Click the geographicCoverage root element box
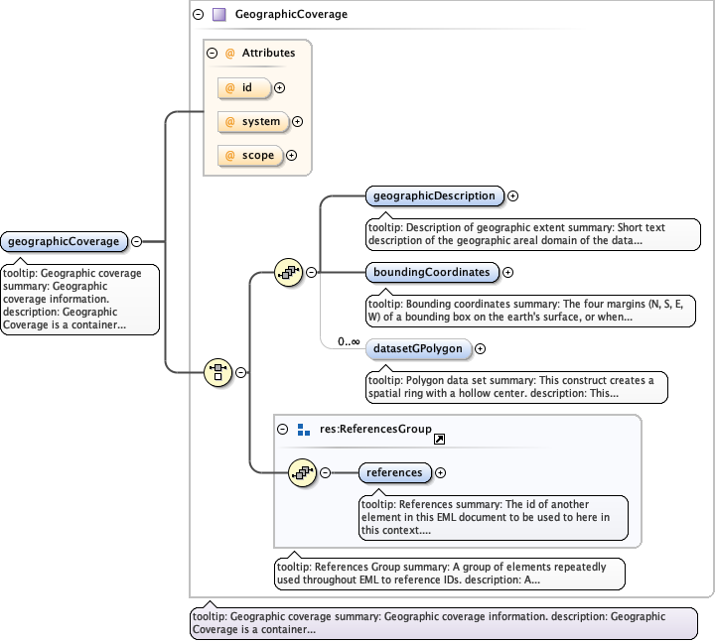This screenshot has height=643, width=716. [65, 241]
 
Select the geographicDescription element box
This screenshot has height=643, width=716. [434, 195]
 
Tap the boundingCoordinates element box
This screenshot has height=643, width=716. [431, 272]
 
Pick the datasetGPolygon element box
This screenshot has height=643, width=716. [418, 348]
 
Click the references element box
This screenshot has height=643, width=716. [394, 472]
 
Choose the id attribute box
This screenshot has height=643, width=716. [244, 87]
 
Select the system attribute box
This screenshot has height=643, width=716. [252, 121]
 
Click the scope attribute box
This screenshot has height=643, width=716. [249, 155]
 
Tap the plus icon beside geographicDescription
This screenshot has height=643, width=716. [513, 195]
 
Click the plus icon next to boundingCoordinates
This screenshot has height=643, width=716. [507, 272]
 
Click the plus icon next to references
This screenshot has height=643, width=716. [441, 472]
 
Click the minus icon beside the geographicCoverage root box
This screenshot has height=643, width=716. [136, 241]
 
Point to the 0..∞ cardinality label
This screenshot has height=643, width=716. [349, 341]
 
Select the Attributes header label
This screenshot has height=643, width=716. [268, 53]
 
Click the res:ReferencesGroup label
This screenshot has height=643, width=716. [375, 430]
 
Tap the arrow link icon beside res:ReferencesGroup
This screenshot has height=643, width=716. [439, 438]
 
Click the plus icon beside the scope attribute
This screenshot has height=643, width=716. [292, 155]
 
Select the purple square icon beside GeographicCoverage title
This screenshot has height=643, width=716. [218, 15]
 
